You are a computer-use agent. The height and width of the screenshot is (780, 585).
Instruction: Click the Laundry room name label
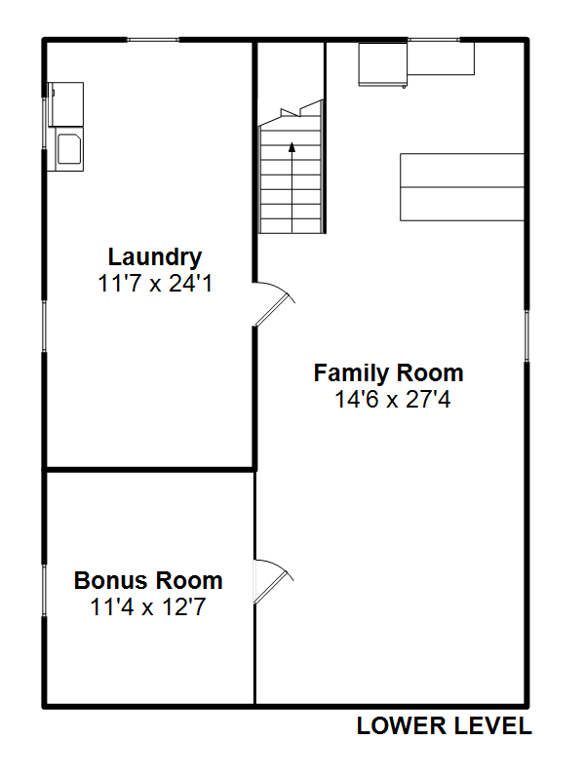(155, 257)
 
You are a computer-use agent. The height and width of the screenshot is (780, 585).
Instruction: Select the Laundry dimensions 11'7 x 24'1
(155, 284)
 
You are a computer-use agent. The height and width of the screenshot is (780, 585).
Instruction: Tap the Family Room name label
(388, 373)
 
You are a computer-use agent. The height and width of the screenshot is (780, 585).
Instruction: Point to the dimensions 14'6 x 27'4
(393, 399)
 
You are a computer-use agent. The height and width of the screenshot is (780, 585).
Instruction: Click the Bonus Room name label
(148, 580)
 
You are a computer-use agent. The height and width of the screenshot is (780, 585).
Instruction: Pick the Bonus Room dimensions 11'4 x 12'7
(148, 606)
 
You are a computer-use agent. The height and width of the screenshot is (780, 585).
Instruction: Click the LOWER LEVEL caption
(445, 725)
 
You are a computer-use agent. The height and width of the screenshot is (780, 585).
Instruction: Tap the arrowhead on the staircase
(292, 147)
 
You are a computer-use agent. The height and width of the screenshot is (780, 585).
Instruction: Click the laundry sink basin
(69, 148)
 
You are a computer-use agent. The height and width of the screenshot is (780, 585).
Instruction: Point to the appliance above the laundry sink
(65, 104)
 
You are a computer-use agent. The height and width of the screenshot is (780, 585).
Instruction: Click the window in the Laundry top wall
(153, 39)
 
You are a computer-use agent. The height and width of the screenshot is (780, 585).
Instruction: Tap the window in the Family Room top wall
(434, 39)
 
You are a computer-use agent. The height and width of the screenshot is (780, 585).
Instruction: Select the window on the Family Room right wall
(526, 335)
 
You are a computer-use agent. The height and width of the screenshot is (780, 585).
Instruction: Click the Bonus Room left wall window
(44, 591)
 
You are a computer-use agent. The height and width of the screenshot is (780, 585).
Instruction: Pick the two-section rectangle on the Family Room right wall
(462, 187)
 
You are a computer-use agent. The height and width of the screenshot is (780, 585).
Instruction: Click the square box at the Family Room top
(383, 65)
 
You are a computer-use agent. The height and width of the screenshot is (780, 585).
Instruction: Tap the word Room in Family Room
(430, 373)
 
